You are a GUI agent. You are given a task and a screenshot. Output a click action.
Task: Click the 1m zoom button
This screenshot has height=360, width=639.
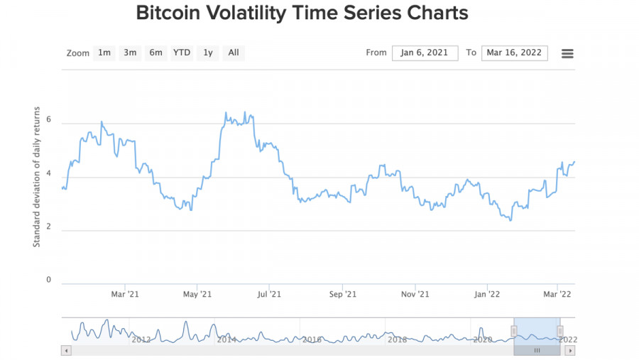[104, 53]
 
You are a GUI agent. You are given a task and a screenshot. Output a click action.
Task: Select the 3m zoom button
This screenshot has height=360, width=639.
[130, 53]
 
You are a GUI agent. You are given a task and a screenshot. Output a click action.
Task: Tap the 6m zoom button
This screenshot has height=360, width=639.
[155, 53]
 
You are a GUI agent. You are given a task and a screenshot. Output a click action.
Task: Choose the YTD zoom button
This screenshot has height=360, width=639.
[182, 53]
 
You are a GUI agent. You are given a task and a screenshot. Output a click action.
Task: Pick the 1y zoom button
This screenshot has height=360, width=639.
[207, 53]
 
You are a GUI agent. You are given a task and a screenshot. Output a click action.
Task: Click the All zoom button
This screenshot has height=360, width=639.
[234, 53]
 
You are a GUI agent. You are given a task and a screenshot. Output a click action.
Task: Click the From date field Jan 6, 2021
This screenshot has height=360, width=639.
[425, 53]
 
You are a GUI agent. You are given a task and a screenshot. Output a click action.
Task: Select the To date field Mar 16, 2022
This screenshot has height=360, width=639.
[514, 53]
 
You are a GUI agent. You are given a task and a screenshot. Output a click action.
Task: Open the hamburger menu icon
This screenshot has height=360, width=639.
[567, 54]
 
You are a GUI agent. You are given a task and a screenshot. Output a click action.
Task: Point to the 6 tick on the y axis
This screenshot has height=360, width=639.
[48, 119]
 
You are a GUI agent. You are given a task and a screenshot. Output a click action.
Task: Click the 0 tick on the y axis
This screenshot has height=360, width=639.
[48, 280]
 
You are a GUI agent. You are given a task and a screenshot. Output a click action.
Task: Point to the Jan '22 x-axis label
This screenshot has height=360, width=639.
[486, 294]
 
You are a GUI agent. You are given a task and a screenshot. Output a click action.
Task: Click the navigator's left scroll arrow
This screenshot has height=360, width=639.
[67, 351]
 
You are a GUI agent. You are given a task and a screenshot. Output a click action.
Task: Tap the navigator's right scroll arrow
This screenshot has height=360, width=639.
[570, 351]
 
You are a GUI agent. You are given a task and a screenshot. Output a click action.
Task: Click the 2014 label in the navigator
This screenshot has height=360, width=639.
[226, 339]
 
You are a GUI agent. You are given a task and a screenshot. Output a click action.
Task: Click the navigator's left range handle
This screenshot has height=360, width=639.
[514, 331]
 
